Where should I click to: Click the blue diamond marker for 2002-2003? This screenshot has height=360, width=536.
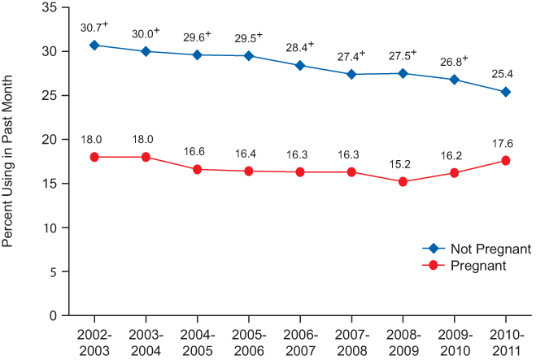[x=94, y=45]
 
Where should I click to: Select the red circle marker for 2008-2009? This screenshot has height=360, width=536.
[x=403, y=181]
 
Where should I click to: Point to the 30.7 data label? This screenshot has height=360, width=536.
[x=93, y=27]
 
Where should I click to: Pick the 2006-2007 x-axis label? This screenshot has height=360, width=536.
[x=300, y=341]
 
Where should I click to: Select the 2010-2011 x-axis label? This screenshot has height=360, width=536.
[x=505, y=341]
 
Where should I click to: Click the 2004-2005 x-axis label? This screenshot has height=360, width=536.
[x=197, y=341]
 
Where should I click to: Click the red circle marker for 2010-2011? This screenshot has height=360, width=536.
[x=505, y=161]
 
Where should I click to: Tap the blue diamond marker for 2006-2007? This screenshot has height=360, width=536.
[x=300, y=65]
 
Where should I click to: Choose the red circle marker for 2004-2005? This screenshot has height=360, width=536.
[x=197, y=169]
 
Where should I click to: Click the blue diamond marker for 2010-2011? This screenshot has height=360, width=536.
[x=505, y=92]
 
